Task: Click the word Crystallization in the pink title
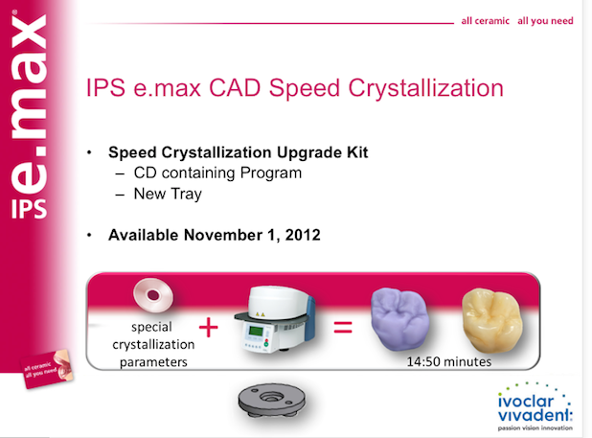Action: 425,88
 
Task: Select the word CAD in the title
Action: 235,87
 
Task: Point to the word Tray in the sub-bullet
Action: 186,194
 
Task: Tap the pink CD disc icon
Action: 153,295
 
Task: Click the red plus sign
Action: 209,327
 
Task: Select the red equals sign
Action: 343,327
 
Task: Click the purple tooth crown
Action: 399,319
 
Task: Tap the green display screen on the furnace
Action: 256,332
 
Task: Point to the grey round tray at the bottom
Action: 271,401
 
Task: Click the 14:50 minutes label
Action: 449,361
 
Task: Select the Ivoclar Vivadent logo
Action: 535,406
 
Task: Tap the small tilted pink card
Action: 47,369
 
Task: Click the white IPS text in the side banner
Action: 29,209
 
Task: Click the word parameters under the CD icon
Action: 153,362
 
